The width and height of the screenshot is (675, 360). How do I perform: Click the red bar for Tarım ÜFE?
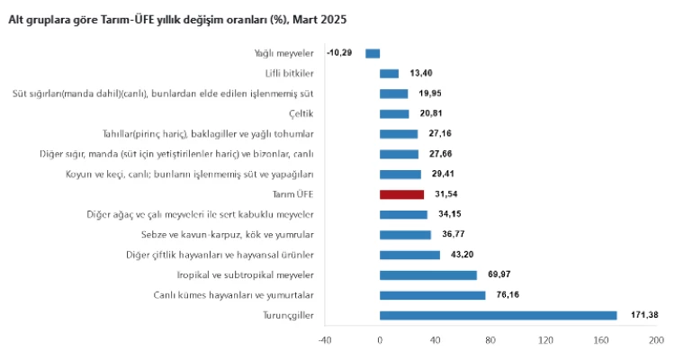click(x=401, y=194)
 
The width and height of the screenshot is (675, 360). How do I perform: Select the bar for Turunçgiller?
click(x=498, y=315)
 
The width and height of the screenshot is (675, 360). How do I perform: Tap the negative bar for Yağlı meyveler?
click(x=373, y=54)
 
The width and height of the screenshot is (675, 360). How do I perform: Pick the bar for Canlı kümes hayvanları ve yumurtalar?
click(x=432, y=295)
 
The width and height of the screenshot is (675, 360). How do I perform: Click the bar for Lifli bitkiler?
click(x=389, y=74)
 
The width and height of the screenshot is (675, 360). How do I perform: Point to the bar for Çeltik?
click(x=394, y=114)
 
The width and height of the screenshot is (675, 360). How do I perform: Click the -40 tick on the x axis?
click(x=325, y=340)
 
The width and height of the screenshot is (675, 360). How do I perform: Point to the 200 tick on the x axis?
click(x=655, y=340)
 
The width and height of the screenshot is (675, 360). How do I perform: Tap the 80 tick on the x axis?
click(x=490, y=340)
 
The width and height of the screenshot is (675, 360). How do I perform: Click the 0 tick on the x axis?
click(x=380, y=340)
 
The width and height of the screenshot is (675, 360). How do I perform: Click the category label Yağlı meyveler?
click(x=283, y=54)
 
